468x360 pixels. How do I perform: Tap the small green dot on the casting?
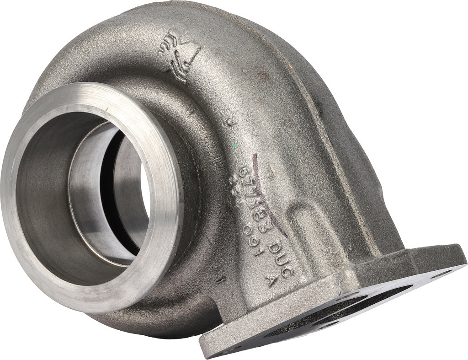234,144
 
